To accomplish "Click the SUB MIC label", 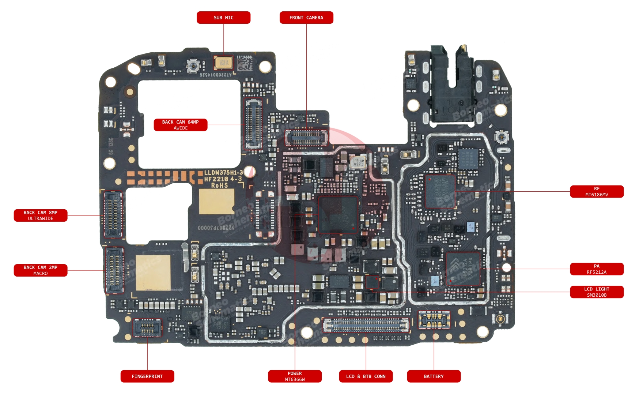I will point(223,18).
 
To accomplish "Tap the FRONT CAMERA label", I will point(306,18).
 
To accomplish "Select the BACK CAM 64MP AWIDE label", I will point(181,125).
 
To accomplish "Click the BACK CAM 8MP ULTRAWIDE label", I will point(41,215).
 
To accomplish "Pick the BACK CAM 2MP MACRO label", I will point(41,270).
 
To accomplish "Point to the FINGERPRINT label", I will point(147,376).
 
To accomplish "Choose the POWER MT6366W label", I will point(295,376).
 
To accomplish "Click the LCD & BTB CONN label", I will point(366,376).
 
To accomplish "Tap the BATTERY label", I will point(434,376).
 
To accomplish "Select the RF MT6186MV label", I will point(597,192).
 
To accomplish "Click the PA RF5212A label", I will point(597,269).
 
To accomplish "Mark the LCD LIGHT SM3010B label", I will point(597,292).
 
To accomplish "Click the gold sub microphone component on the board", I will point(223,63).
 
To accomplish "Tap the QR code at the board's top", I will point(245,63).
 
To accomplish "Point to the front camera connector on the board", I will point(306,138).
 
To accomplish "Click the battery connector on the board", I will point(434,320).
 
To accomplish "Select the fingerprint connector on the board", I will point(147,327).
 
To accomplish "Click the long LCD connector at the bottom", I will point(366,325).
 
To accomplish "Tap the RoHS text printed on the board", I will point(219,185).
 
